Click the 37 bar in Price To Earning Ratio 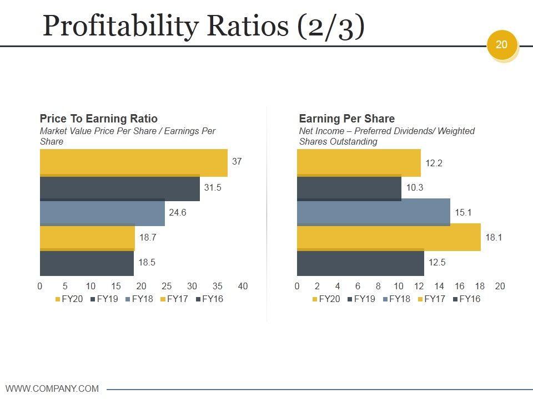tap(133, 162)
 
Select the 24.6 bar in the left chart tap(102, 213)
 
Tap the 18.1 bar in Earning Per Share tap(389, 237)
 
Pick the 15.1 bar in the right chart tap(373, 212)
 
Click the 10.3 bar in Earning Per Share tap(349, 188)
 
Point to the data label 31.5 tap(213, 188)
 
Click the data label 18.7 tap(148, 237)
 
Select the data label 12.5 tap(437, 263)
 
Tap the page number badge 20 tap(502, 44)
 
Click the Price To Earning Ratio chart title tap(98, 119)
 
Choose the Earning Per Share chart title tap(346, 119)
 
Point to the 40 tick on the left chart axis tap(243, 287)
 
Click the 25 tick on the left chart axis tap(167, 287)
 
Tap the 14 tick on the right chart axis tap(439, 287)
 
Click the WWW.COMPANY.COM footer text tap(52, 388)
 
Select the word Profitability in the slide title tap(119, 26)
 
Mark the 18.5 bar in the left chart tap(87, 263)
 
